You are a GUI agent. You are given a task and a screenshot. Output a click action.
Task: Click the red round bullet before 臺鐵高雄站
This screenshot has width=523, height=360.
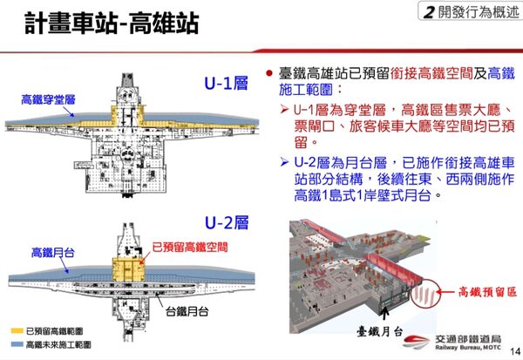270,70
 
